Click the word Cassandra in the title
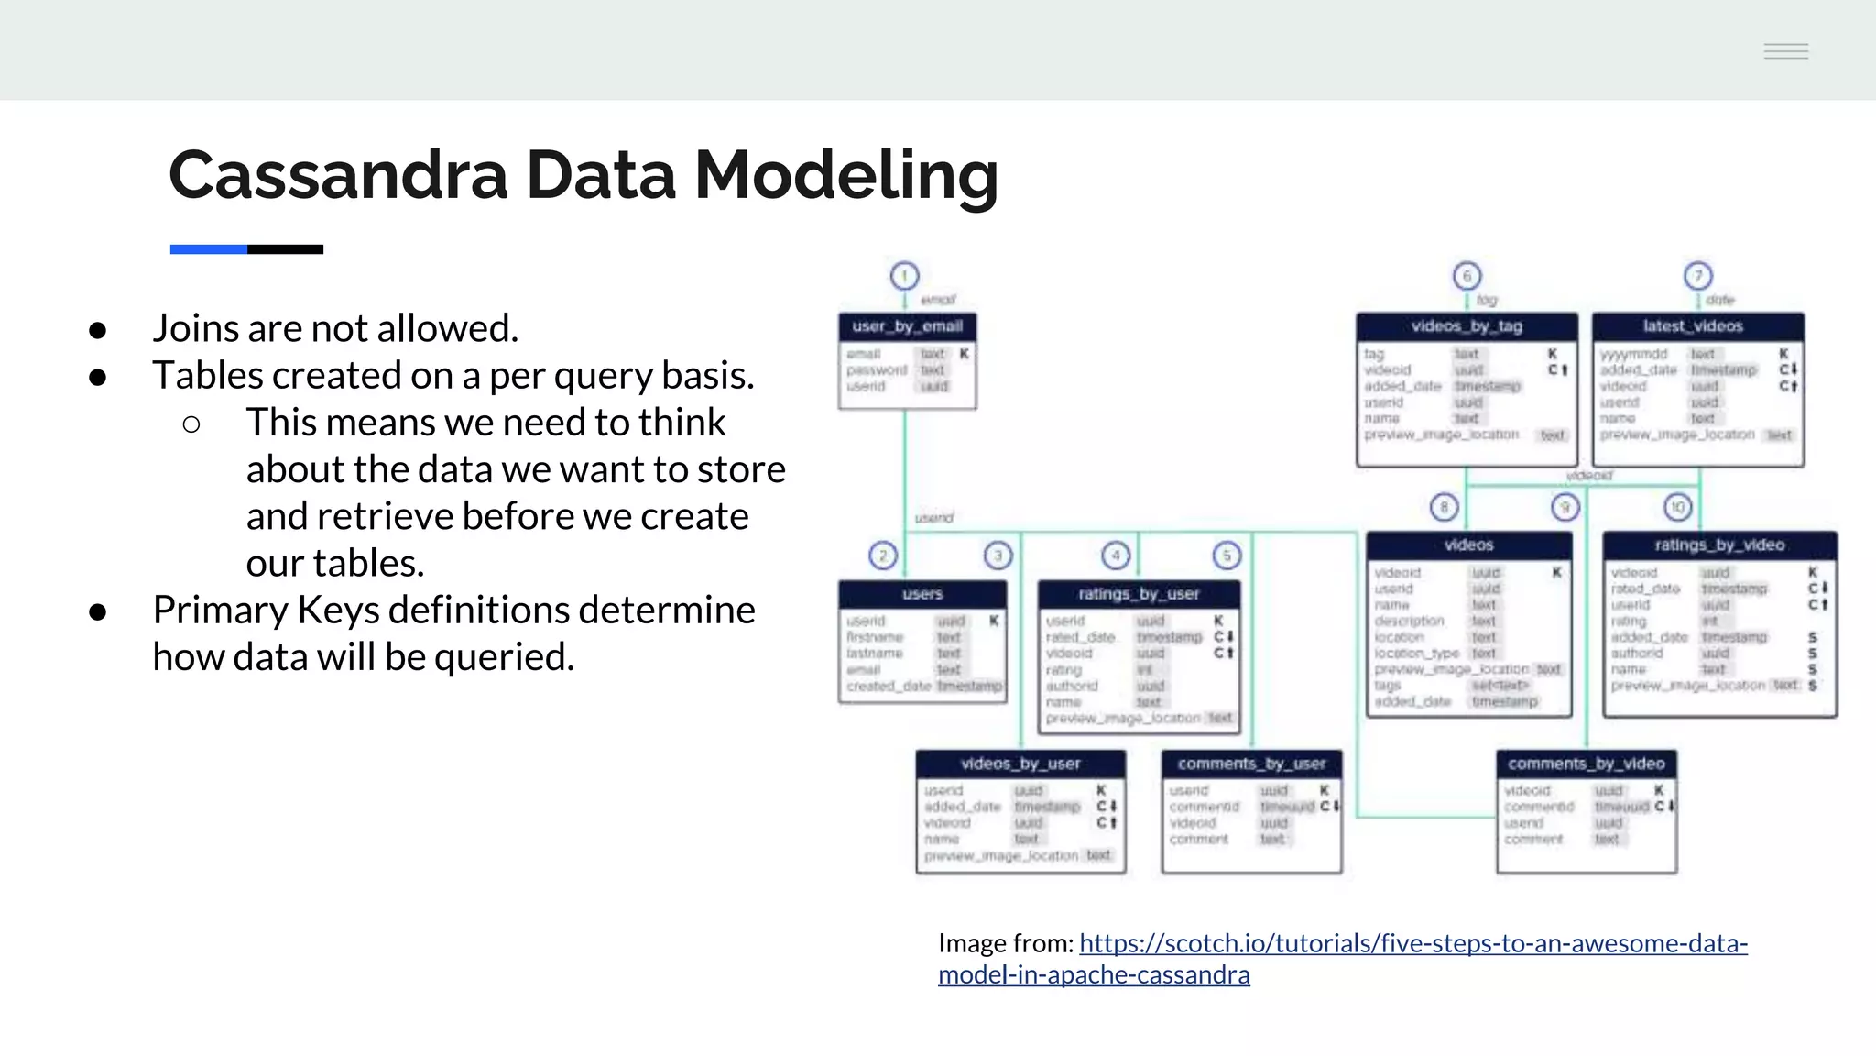[x=338, y=174]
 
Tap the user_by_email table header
[x=907, y=326]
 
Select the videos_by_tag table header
[x=1467, y=326]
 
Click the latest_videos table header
[x=1697, y=326]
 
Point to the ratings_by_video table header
[x=1719, y=544]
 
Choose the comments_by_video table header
[x=1587, y=764]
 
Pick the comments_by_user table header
[x=1251, y=764]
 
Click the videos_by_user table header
[x=1020, y=764]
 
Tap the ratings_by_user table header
[x=1139, y=594]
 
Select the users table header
[x=922, y=594]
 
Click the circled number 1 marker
[x=904, y=276]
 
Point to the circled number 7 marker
[x=1697, y=276]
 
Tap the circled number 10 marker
[x=1677, y=507]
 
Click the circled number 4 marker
[x=1116, y=555]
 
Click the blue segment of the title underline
[x=208, y=249]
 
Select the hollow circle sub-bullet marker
[x=191, y=423]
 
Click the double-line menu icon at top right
[x=1785, y=51]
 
